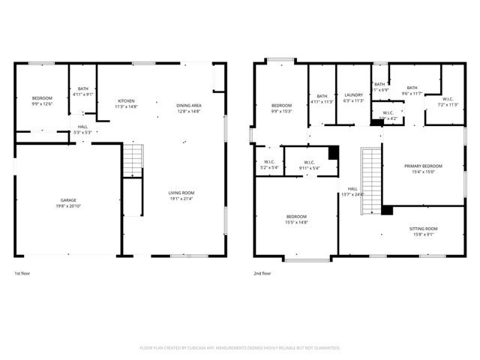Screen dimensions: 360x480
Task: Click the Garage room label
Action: point(68,202)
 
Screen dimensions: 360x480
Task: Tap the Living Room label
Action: point(181,196)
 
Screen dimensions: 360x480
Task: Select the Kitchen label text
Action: point(125,104)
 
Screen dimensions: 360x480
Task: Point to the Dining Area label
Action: point(188,108)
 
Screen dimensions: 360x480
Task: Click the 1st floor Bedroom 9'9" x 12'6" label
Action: point(42,101)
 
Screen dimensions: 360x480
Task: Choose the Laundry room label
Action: point(353,97)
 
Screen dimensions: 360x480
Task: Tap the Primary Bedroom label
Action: point(423,169)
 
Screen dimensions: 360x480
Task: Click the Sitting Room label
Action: point(423,230)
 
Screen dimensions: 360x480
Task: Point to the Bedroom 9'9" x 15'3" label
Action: point(281,107)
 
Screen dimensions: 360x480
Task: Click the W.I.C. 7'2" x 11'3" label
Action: point(447,102)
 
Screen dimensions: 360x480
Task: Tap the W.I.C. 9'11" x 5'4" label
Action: point(309,165)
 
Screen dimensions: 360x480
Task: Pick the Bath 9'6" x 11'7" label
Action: point(412,91)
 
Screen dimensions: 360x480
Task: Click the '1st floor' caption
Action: point(23,274)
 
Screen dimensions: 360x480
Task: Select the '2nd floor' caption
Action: point(262,274)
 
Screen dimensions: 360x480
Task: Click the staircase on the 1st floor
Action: point(132,160)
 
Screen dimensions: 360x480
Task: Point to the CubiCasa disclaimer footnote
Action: point(240,348)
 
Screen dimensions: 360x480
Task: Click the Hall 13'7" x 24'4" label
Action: point(352,191)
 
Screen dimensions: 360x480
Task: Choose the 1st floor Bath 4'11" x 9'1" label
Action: point(82,92)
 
